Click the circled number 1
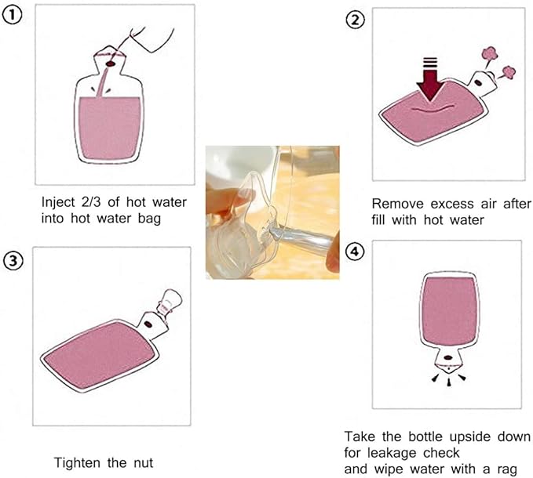[13, 16]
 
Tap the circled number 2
[356, 20]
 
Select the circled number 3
[13, 262]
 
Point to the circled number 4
[355, 252]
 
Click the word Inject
[58, 203]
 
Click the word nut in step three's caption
[143, 463]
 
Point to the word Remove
[398, 205]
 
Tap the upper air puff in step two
[490, 55]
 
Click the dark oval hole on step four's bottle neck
[448, 358]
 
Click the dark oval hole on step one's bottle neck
[110, 64]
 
